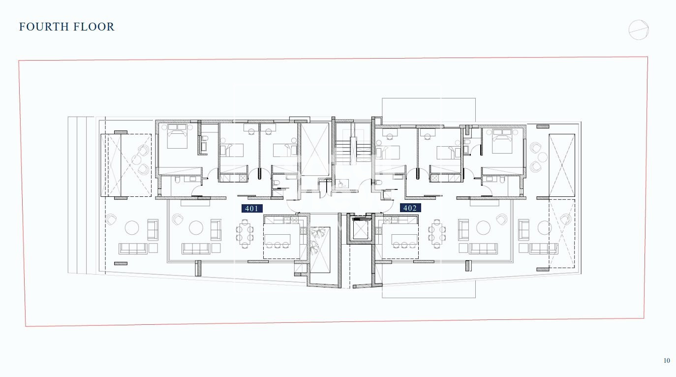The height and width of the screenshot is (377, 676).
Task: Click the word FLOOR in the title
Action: coord(94,27)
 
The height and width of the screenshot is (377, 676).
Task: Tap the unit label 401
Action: coord(252,208)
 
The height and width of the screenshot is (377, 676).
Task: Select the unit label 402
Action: coord(410,208)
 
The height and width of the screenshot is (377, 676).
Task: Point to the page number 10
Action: coord(667,360)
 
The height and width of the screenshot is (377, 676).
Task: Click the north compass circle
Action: coord(639,30)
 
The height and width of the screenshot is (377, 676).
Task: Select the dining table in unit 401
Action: coord(245,234)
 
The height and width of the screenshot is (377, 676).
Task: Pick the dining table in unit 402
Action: coord(437,234)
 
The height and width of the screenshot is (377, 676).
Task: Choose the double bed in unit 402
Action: coord(502,141)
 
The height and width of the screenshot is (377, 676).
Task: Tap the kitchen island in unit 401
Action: coord(277,239)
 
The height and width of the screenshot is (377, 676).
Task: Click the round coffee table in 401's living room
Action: coord(196,227)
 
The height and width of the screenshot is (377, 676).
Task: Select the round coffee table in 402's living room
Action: coord(483,227)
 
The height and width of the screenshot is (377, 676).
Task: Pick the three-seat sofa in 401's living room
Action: coord(196,249)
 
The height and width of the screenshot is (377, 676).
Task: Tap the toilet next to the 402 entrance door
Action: coord(379,183)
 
